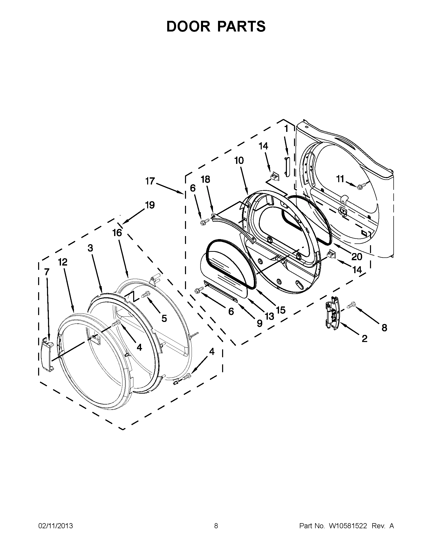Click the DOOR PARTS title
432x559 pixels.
pyautogui.click(x=216, y=26)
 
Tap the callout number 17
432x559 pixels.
pyautogui.click(x=150, y=181)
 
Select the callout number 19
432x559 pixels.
pyautogui.click(x=150, y=205)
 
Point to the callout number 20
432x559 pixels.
pyautogui.click(x=357, y=256)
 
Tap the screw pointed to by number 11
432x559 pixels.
pyautogui.click(x=360, y=187)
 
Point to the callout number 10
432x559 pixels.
pyautogui.click(x=239, y=161)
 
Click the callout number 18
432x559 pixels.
pyautogui.click(x=205, y=179)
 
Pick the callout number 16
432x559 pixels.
pyautogui.click(x=117, y=233)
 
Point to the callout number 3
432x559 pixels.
pyautogui.click(x=90, y=248)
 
